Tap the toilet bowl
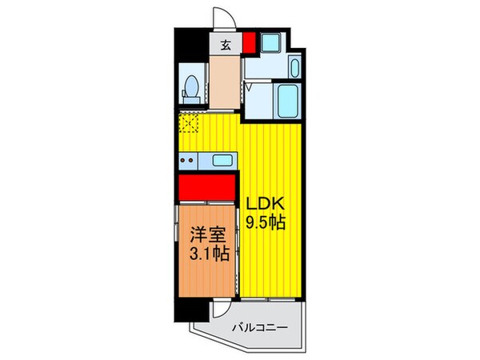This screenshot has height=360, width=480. pos(192,86)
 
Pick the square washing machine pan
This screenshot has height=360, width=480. pos(270,44)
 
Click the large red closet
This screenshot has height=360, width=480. pos(206,189)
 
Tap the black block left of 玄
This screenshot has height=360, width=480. pos(192,44)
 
